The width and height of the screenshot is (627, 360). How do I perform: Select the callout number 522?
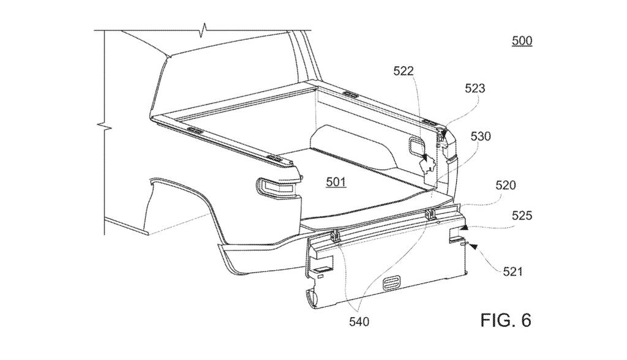coord(404,72)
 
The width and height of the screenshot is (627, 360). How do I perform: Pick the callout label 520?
coord(505,184)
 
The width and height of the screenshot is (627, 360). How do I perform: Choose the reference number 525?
coord(522,216)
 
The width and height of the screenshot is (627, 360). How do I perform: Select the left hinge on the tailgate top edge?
coord(336,235)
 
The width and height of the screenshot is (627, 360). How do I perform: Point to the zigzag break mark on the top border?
coord(205,29)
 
